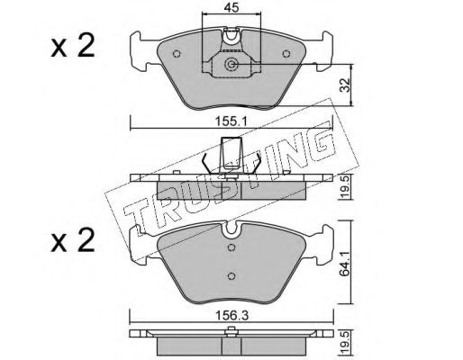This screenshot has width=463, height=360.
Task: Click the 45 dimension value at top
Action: [x=231, y=7]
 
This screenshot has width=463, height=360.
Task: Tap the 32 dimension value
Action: [x=346, y=85]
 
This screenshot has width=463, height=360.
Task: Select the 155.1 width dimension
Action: [x=231, y=121]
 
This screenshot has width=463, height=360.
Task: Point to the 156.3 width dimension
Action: [x=231, y=315]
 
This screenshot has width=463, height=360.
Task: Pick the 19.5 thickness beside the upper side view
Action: [x=346, y=187]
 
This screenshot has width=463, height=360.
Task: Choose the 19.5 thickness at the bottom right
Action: [x=346, y=342]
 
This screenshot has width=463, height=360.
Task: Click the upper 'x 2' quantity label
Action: [x=73, y=46]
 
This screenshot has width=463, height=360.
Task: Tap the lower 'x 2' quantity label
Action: [x=73, y=240]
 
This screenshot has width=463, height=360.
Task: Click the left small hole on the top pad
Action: [x=177, y=54]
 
